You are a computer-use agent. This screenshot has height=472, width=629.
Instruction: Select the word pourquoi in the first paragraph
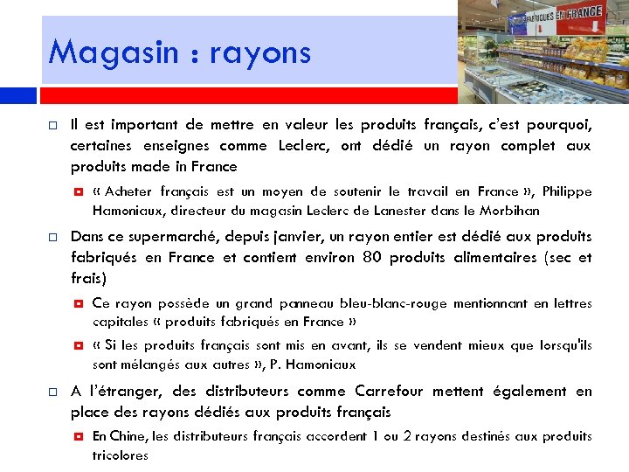(x=556, y=124)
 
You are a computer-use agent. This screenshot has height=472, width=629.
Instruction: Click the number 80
(x=370, y=258)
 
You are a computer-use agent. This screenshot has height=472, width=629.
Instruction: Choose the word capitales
(x=120, y=322)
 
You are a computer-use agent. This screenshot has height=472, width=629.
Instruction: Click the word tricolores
(x=121, y=455)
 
